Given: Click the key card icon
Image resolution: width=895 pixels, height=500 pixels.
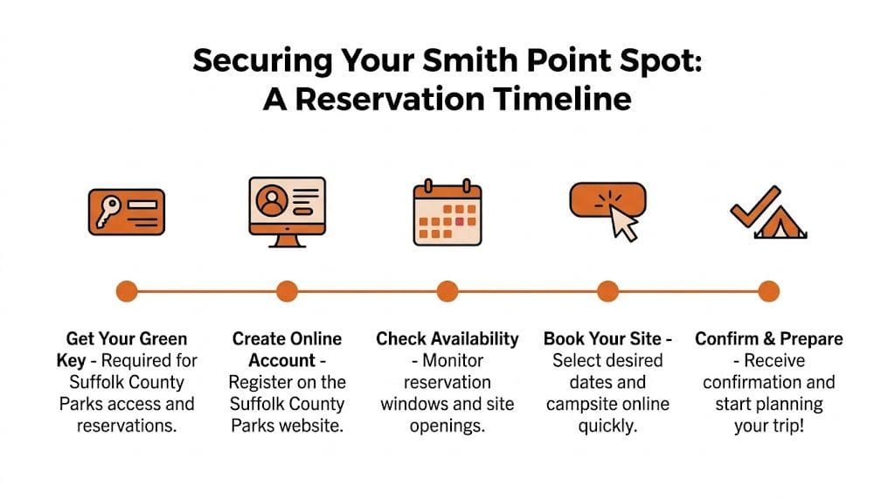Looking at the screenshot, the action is point(127,212).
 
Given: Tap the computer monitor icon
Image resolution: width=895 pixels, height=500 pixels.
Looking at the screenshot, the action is point(287,212).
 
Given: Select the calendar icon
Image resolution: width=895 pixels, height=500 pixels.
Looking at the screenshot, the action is point(447,212).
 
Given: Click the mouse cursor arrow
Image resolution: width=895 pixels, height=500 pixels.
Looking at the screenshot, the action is point(624,223).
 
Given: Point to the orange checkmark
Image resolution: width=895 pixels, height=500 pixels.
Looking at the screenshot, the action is point(753,206).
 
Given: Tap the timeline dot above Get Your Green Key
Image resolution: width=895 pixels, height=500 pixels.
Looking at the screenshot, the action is point(127,291).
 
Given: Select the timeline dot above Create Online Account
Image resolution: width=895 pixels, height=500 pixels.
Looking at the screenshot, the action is point(287,291).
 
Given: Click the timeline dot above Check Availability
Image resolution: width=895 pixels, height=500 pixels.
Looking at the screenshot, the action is point(447,291).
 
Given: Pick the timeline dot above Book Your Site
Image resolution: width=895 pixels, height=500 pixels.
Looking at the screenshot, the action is point(608,291).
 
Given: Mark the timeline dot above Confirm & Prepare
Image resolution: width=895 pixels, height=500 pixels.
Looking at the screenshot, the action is point(769,291).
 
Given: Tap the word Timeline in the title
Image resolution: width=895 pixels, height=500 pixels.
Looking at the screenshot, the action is point(563,99).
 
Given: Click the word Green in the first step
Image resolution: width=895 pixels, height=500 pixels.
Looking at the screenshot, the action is point(163,338).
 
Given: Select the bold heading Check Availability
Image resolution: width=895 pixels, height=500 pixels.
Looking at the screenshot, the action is point(447,339).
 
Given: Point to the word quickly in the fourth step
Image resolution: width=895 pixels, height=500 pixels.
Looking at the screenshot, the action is point(608,426).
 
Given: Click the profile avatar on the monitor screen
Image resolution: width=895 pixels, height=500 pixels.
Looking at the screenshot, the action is point(272,200).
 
